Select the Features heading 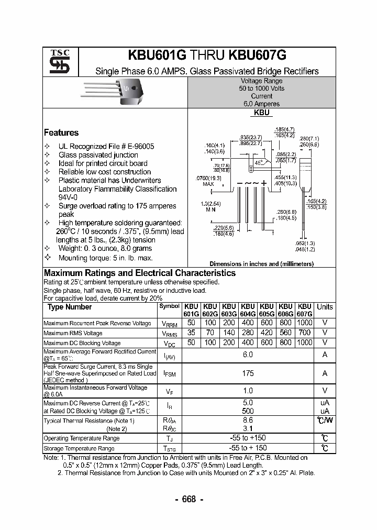[x=61, y=133]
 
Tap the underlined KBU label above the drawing [x=261, y=113]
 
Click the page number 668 [x=188, y=499]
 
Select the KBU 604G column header [x=248, y=310]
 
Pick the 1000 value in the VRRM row [x=304, y=323]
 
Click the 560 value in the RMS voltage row [x=285, y=333]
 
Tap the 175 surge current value [x=248, y=373]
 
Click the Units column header [x=325, y=307]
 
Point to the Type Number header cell [x=70, y=307]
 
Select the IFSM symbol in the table [x=169, y=374]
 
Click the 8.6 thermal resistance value [x=248, y=420]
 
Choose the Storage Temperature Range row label [x=79, y=449]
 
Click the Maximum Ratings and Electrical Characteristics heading [x=140, y=273]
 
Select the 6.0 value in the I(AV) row [x=248, y=355]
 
